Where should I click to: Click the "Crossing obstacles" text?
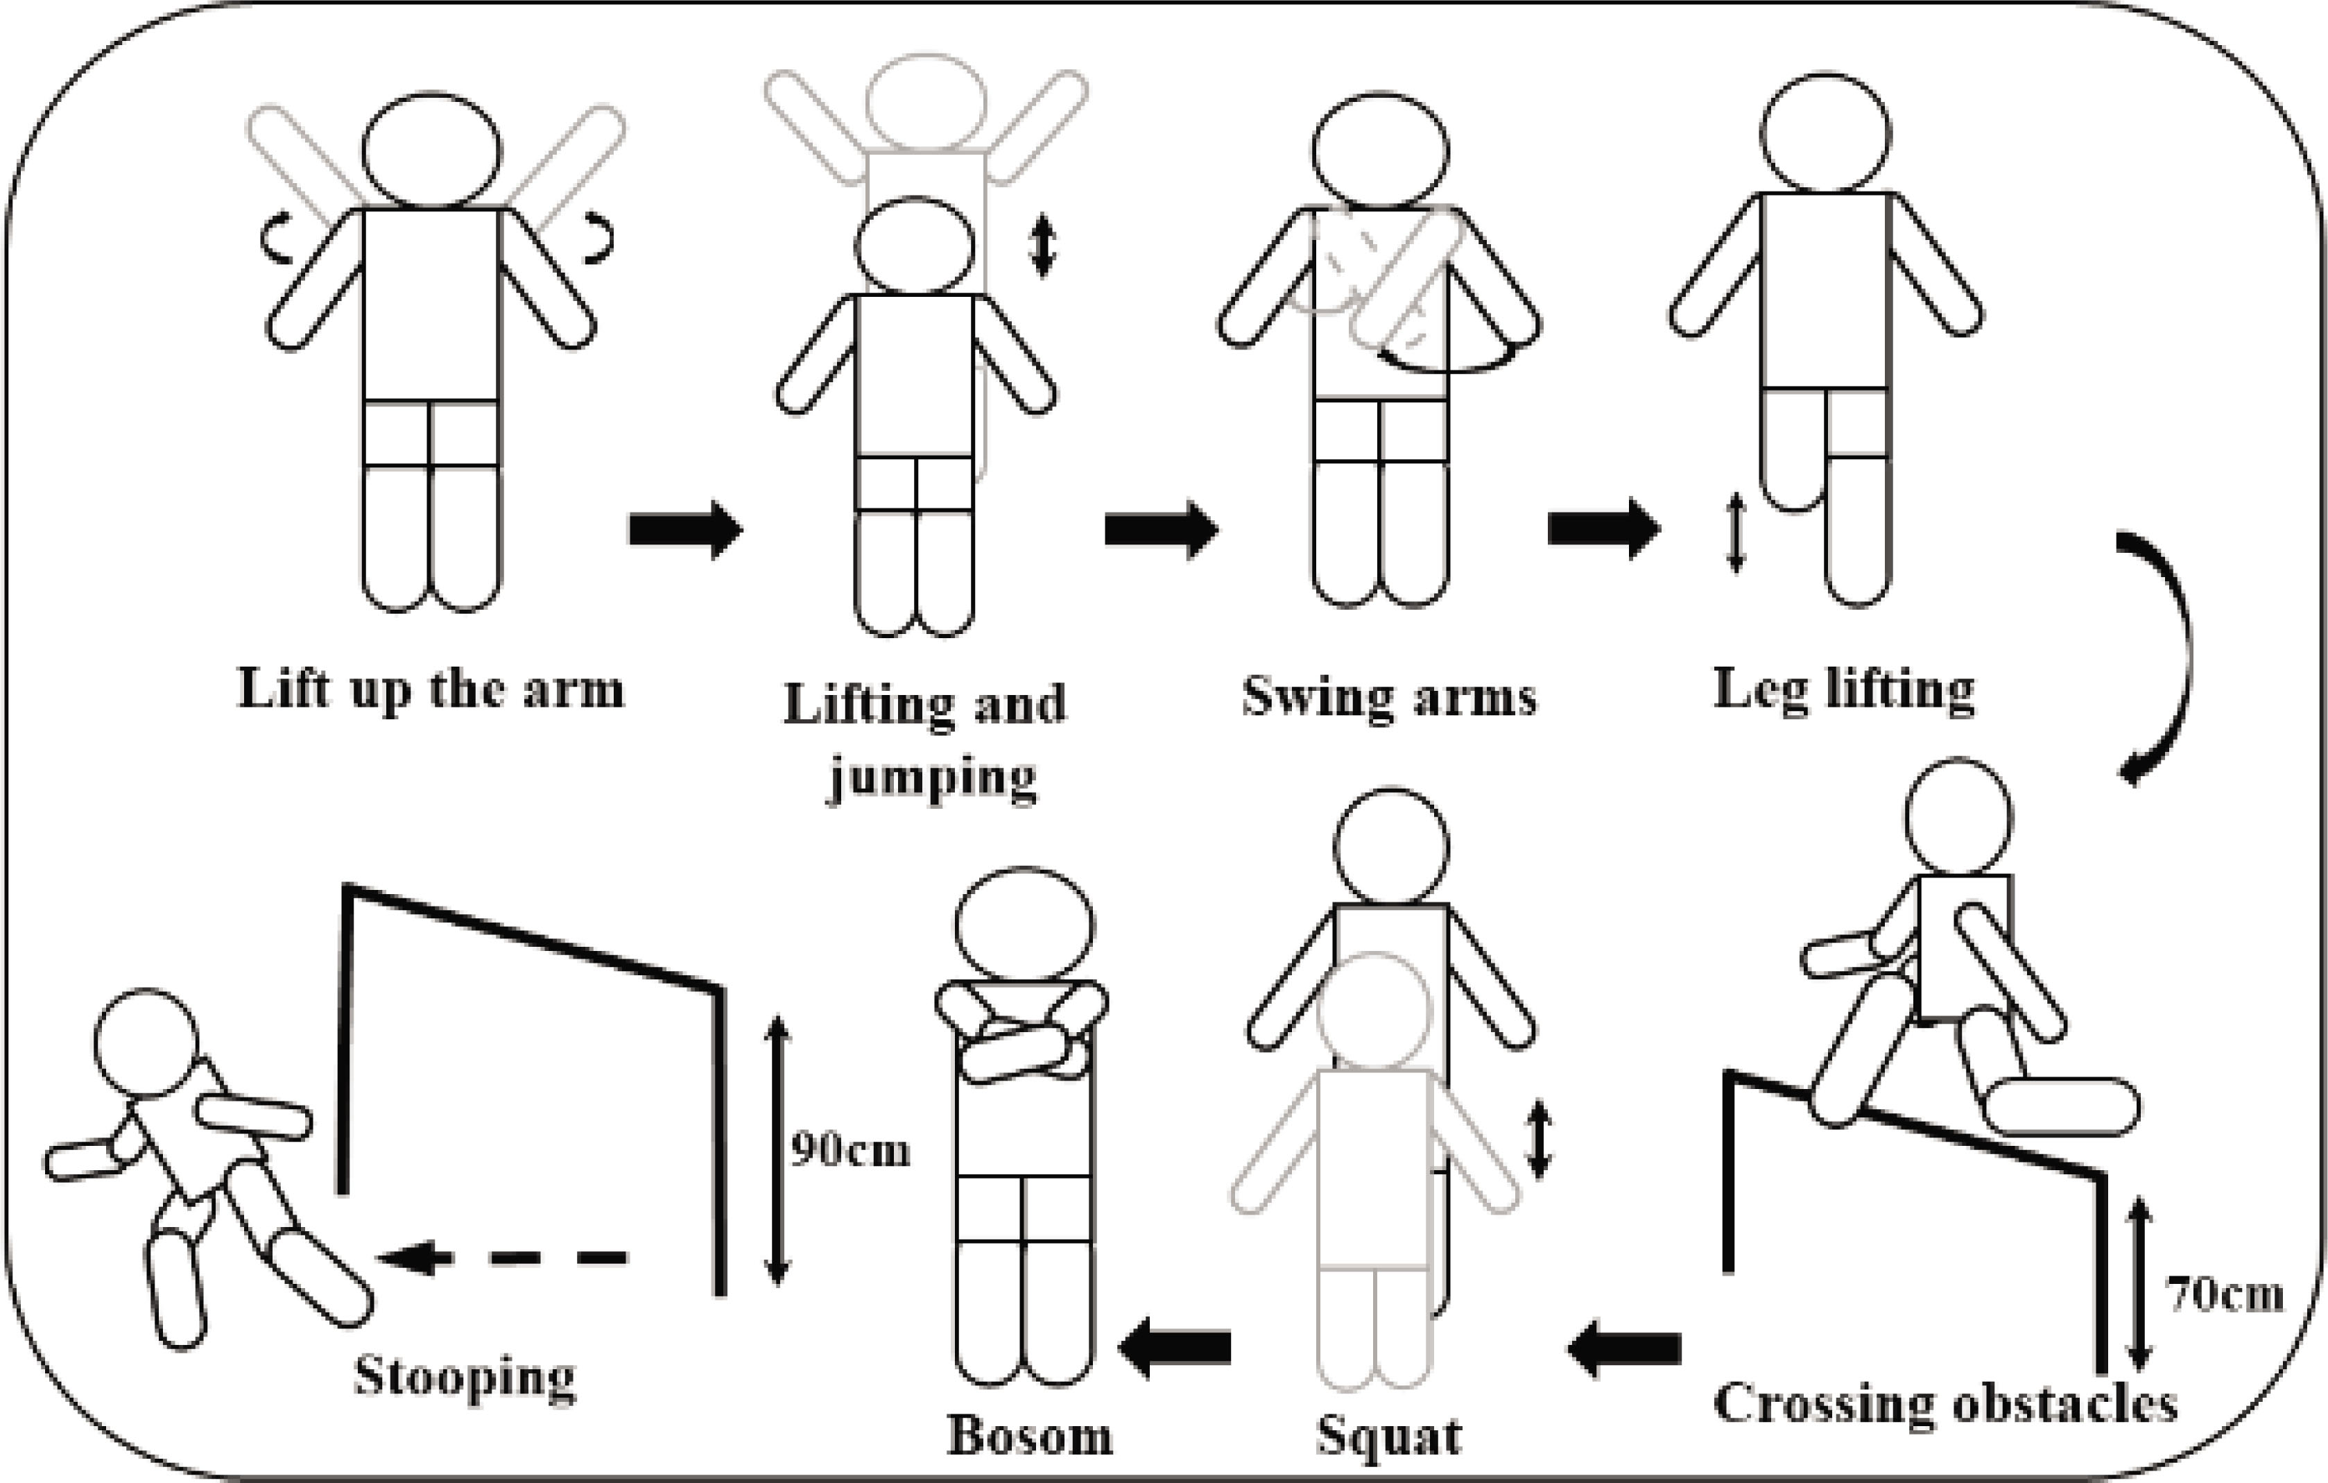[1945, 1403]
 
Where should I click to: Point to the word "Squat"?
[1389, 1436]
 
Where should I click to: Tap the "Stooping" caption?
[465, 1378]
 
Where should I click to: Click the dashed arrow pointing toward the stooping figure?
[502, 1258]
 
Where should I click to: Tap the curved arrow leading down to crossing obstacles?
[2156, 658]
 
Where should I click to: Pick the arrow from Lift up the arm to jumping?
[685, 529]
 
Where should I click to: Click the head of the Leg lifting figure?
[1825, 133]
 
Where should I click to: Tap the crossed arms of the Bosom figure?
[1022, 1033]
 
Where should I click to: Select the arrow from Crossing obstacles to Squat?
[1624, 1348]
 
